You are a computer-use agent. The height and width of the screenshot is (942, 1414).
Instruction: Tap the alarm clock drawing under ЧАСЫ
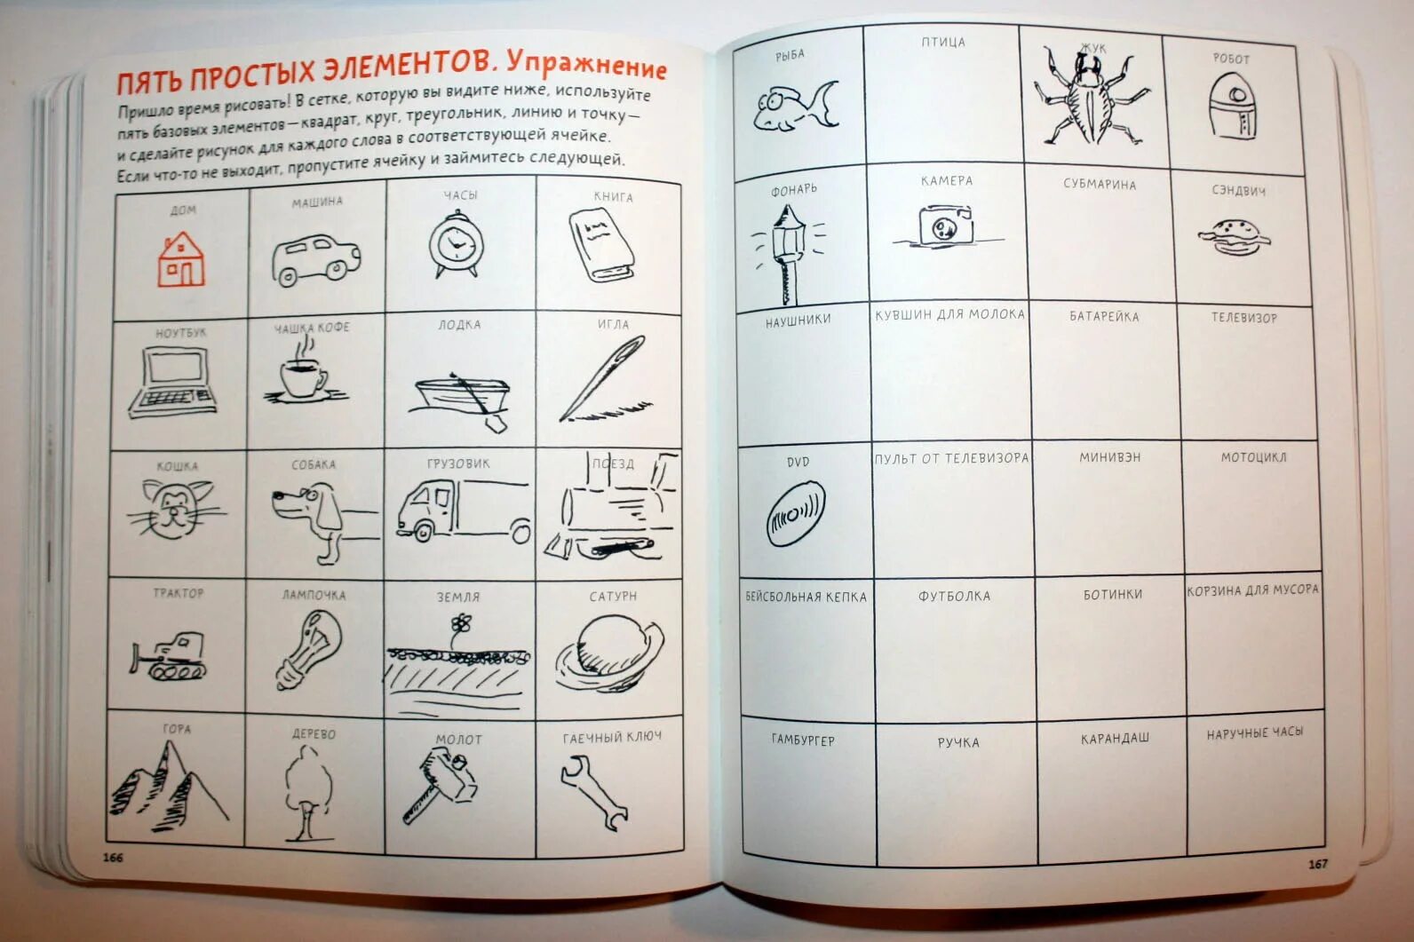[x=456, y=243]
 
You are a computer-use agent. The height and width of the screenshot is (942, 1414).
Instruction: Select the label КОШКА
[x=177, y=465]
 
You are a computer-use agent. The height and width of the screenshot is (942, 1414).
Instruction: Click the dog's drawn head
[x=298, y=503]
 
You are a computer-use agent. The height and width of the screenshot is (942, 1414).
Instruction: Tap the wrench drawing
[x=593, y=790]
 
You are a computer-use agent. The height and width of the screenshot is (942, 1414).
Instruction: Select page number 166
[x=113, y=857]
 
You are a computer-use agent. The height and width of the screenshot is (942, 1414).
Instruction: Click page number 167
[x=1317, y=863]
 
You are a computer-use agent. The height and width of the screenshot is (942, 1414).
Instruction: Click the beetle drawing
[x=1089, y=99]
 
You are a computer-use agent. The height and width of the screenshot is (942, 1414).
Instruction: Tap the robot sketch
[x=1232, y=106]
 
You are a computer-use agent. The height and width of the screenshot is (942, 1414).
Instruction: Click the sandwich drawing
[x=1235, y=236]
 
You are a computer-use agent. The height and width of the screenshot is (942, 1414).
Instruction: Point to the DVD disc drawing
[x=795, y=514]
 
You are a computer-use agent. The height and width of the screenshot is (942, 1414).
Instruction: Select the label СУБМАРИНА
[x=1100, y=184]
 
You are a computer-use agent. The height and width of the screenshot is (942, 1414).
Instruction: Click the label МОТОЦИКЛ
[x=1252, y=457]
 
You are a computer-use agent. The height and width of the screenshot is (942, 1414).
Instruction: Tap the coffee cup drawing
[x=303, y=376]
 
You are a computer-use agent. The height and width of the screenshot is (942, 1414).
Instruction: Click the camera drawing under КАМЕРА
[x=944, y=226]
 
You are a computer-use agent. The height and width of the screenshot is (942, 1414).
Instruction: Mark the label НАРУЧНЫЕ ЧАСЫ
[x=1254, y=732]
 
